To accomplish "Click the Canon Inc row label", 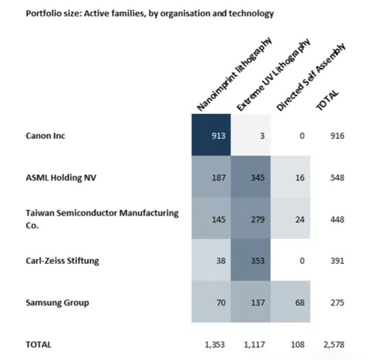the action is click(x=45, y=135).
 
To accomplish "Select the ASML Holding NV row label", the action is click(x=61, y=178).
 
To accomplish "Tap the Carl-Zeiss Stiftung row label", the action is click(x=62, y=261).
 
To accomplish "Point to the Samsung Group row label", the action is click(x=57, y=303).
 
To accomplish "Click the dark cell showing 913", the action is click(x=211, y=135).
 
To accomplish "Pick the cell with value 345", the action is click(x=251, y=177).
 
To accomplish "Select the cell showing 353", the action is click(x=251, y=260).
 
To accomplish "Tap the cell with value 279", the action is click(x=251, y=218).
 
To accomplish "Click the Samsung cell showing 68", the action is click(x=291, y=301).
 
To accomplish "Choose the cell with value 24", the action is click(x=291, y=218).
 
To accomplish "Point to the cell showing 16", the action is click(x=291, y=177).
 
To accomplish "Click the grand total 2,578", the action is click(x=333, y=345).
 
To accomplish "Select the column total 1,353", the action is click(x=215, y=345).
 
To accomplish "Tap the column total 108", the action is click(x=298, y=345).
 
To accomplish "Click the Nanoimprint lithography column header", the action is click(x=235, y=75).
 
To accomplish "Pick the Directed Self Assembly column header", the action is click(x=311, y=77).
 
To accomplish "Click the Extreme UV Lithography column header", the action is click(x=273, y=75).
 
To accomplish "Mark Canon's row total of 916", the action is click(x=338, y=135).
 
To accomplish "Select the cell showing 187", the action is click(x=211, y=177).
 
